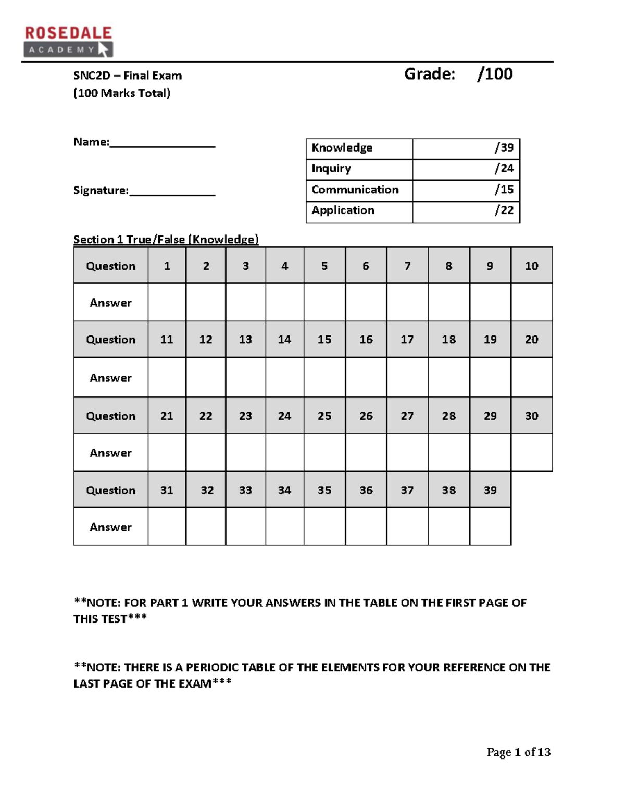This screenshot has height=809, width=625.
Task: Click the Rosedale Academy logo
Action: coord(68,41)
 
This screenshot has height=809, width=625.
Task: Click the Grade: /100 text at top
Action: coord(458,74)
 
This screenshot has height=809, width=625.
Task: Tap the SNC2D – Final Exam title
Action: coord(128,76)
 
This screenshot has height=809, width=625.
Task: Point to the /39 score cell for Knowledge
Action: coord(466,148)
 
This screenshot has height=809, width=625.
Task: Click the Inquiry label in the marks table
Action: coord(331,169)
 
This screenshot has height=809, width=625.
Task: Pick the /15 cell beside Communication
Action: coord(466,190)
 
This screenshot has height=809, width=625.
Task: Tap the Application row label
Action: coord(343,210)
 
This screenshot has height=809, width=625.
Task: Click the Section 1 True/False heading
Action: coord(166,240)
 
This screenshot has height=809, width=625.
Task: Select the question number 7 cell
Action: coord(407,266)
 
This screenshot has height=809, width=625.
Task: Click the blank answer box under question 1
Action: coord(167,302)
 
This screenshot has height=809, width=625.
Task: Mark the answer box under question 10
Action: coord(531,302)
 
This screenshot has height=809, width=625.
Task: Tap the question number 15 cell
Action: coord(324,340)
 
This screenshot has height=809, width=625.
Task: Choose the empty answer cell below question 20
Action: coord(531,378)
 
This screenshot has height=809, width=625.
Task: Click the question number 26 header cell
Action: coord(366,416)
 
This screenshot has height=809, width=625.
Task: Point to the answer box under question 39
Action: coord(490,527)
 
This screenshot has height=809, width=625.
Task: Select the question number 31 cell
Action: coord(167,490)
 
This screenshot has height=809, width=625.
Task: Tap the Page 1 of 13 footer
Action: coord(518,752)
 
